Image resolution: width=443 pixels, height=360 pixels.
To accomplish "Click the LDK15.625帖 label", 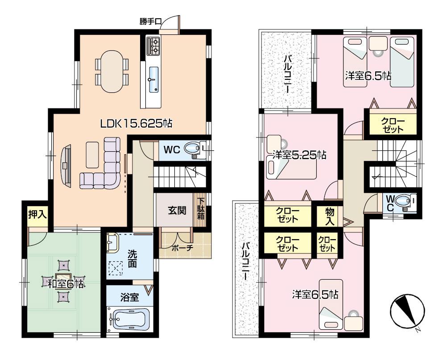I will click(136, 124).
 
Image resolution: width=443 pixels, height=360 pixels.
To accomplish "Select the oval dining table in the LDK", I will click(112, 71).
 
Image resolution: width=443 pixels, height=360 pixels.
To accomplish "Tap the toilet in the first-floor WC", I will click(195, 149).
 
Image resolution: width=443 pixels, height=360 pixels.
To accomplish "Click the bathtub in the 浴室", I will click(130, 319).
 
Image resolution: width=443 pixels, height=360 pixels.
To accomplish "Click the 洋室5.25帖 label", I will click(299, 155).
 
